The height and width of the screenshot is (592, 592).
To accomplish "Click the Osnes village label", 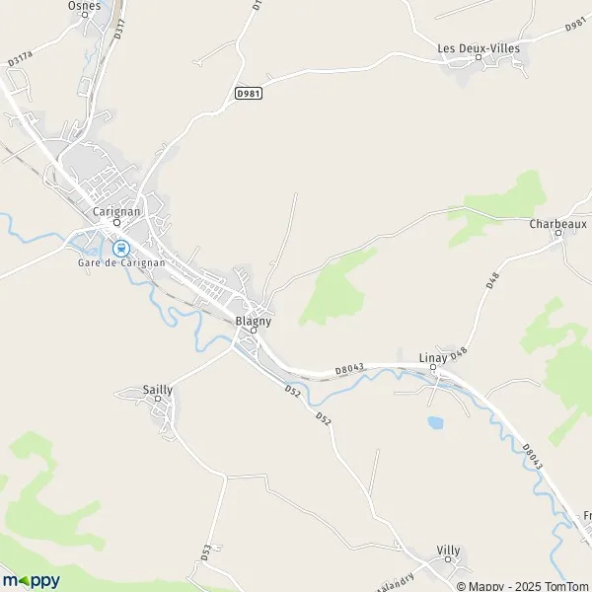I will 84,6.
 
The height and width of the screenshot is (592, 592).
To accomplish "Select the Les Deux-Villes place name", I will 479,47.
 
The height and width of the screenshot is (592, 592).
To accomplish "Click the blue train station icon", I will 120,248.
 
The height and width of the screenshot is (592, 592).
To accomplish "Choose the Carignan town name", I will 115,211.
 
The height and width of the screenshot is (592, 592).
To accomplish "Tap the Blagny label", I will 254,321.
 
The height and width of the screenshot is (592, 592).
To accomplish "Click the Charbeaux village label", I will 557,224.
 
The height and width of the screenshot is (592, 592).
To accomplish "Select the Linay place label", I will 433,357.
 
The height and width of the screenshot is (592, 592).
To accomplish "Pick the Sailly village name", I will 157,390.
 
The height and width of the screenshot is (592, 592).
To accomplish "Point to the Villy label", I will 448,550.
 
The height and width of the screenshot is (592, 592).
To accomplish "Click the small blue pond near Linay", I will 434,422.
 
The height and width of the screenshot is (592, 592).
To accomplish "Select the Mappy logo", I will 31,580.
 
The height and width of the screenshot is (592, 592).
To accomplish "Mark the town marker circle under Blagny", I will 253,331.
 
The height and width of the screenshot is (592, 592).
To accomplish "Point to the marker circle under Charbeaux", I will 557,234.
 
